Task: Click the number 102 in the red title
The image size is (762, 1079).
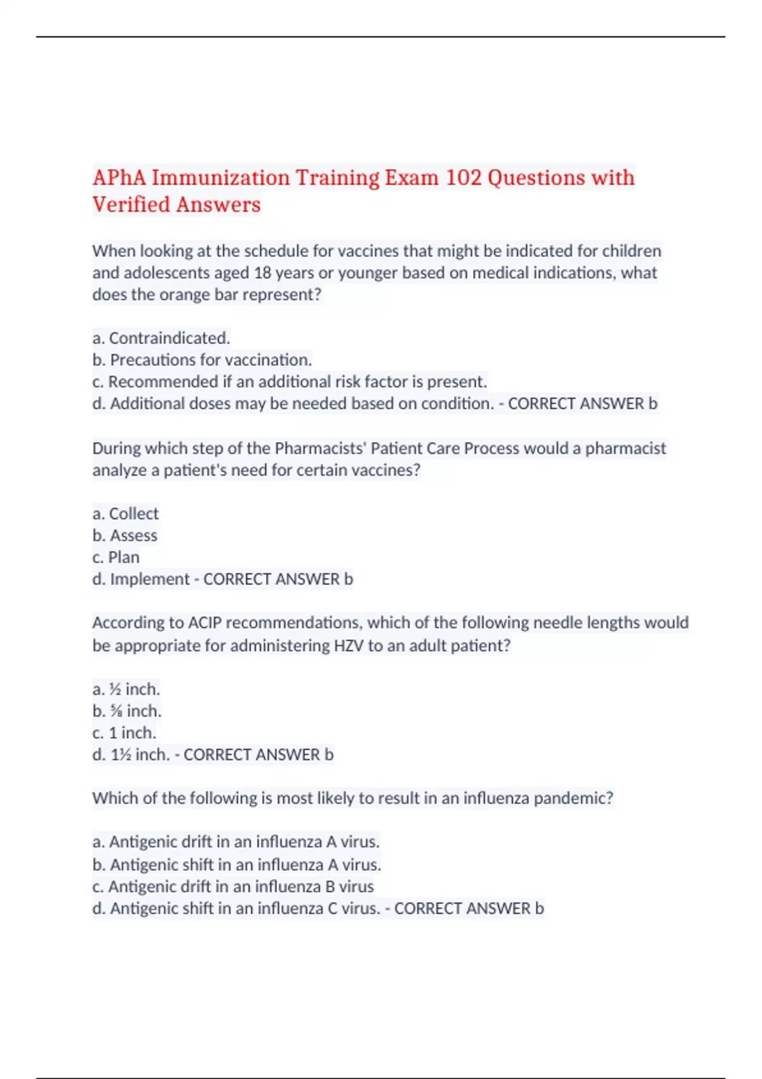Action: pos(464,178)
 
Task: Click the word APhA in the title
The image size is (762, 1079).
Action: pos(119,178)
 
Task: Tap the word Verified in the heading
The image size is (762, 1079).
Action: pos(131,205)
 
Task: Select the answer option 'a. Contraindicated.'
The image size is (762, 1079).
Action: pos(161,338)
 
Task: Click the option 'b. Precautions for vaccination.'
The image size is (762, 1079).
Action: pos(202,360)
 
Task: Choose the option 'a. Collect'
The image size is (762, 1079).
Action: pos(126,513)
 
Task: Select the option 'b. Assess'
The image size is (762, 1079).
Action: pos(125,536)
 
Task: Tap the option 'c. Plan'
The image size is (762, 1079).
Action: pos(116,557)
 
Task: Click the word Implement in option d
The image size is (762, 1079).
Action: pos(150,579)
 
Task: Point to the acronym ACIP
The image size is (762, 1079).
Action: pos(204,623)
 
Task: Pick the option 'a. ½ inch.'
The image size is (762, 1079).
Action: pos(126,689)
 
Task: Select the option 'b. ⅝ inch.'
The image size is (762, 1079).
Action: pos(127,711)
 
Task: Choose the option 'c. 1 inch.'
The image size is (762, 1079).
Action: pos(124,733)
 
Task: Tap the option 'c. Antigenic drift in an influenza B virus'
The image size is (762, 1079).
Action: pos(233,887)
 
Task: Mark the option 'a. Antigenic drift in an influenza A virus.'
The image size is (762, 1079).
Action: pos(236,842)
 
